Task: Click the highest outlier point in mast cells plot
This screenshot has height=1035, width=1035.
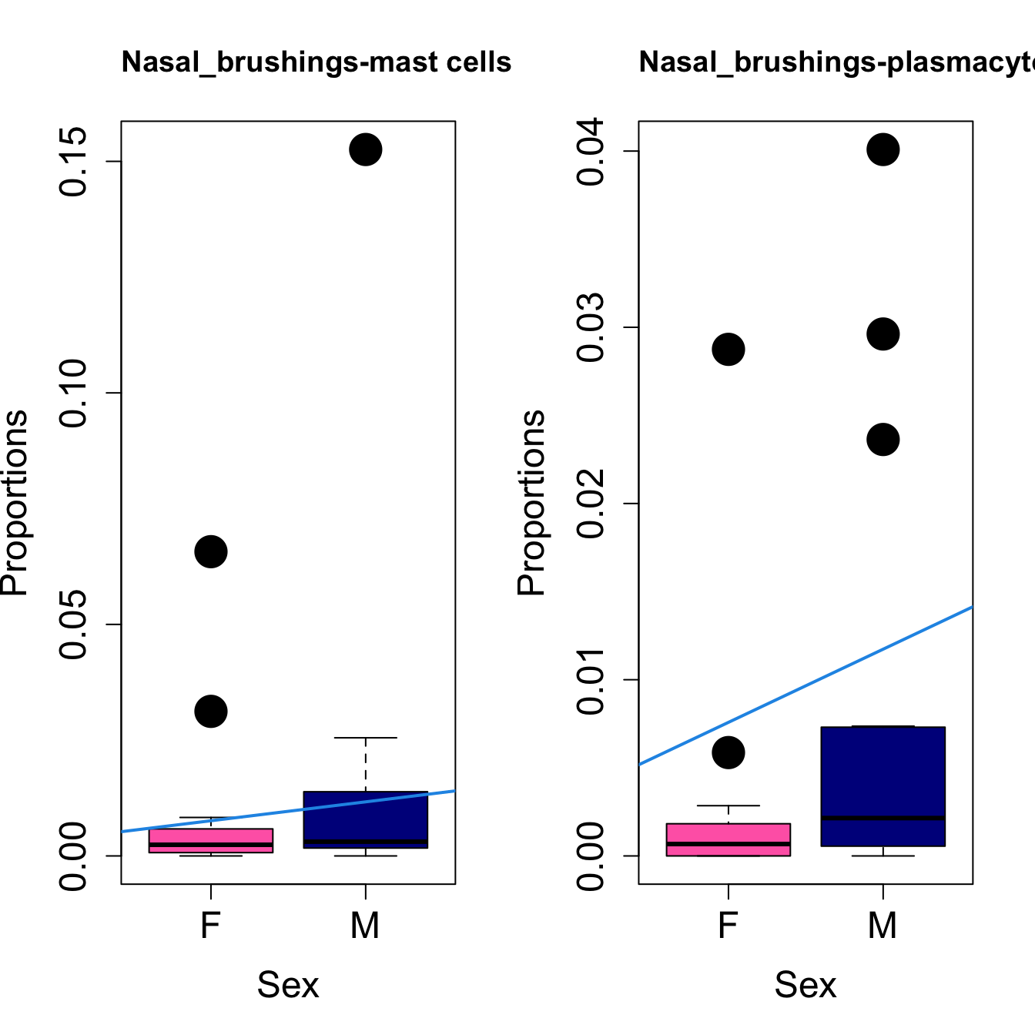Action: pyautogui.click(x=365, y=149)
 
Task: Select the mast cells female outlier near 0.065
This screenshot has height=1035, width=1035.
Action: pyautogui.click(x=210, y=551)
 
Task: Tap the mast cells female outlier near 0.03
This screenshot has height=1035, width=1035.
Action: pyautogui.click(x=210, y=711)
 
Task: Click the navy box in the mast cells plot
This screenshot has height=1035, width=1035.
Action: pyautogui.click(x=365, y=819)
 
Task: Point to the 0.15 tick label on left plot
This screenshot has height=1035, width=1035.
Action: pyautogui.click(x=73, y=162)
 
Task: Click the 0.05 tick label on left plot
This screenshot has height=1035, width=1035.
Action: pyautogui.click(x=73, y=625)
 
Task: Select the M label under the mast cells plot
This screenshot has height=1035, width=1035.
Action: pyautogui.click(x=365, y=925)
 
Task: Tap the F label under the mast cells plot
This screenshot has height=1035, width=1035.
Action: pyautogui.click(x=210, y=925)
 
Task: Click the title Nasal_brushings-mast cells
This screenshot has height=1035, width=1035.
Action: pyautogui.click(x=316, y=62)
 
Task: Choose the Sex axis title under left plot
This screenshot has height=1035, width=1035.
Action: pyautogui.click(x=287, y=985)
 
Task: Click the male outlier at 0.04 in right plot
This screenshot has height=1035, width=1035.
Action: pyautogui.click(x=883, y=149)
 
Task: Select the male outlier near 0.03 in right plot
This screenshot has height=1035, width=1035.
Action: pyautogui.click(x=883, y=334)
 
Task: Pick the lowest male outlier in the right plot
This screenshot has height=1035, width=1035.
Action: pyautogui.click(x=883, y=440)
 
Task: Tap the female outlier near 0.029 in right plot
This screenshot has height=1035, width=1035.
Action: pyautogui.click(x=728, y=350)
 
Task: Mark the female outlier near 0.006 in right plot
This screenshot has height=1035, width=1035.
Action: pyautogui.click(x=728, y=752)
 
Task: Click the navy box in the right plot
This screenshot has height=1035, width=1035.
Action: pyautogui.click(x=883, y=785)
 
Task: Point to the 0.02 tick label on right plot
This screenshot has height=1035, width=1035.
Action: pyautogui.click(x=591, y=504)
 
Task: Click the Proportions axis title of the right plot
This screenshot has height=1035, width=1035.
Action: pyautogui.click(x=531, y=502)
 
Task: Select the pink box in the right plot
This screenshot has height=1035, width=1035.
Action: pyautogui.click(x=728, y=839)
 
